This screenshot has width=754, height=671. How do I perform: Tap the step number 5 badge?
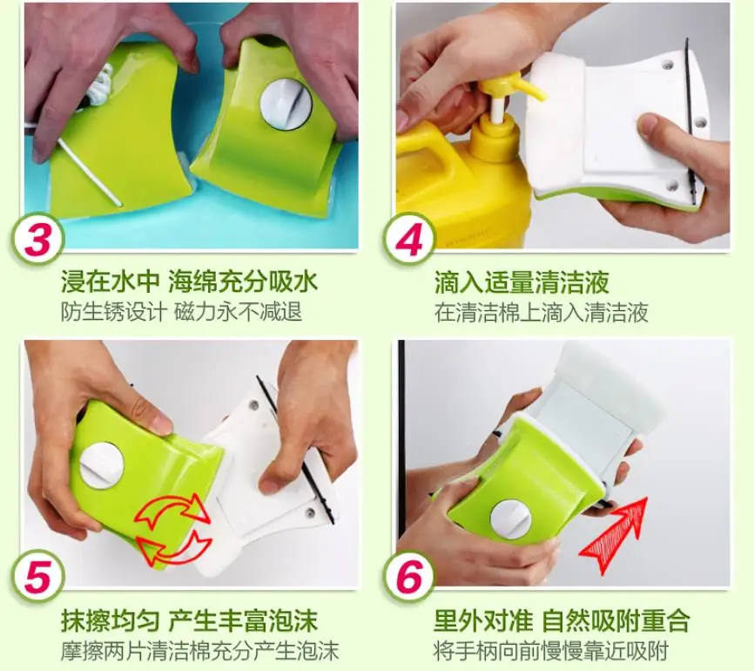tap(37, 576)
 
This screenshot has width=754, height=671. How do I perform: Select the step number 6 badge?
tap(409, 576)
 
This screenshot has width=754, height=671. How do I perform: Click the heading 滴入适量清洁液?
tap(522, 282)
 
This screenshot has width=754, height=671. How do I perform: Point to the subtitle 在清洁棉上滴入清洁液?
tap(542, 312)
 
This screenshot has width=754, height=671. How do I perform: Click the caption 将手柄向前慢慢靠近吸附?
tap(551, 651)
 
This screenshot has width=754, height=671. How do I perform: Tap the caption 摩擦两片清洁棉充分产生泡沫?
tap(200, 651)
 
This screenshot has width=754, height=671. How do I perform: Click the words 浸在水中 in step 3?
tap(110, 282)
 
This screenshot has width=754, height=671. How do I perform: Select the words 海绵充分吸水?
tap(243, 282)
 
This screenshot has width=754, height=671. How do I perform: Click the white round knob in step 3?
tap(286, 104)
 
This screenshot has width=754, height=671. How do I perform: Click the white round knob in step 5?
tap(102, 466)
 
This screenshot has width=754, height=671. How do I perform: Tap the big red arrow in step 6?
tap(613, 534)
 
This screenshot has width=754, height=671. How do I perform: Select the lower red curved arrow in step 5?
tap(174, 547)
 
